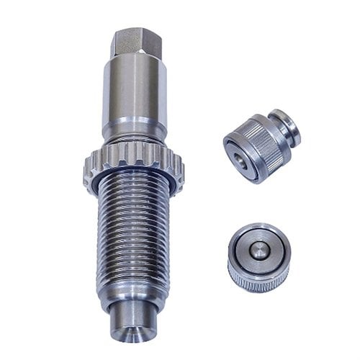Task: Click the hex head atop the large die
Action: tap(132, 42)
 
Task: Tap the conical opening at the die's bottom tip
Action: tap(133, 332)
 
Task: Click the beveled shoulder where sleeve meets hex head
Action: tap(134, 61)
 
